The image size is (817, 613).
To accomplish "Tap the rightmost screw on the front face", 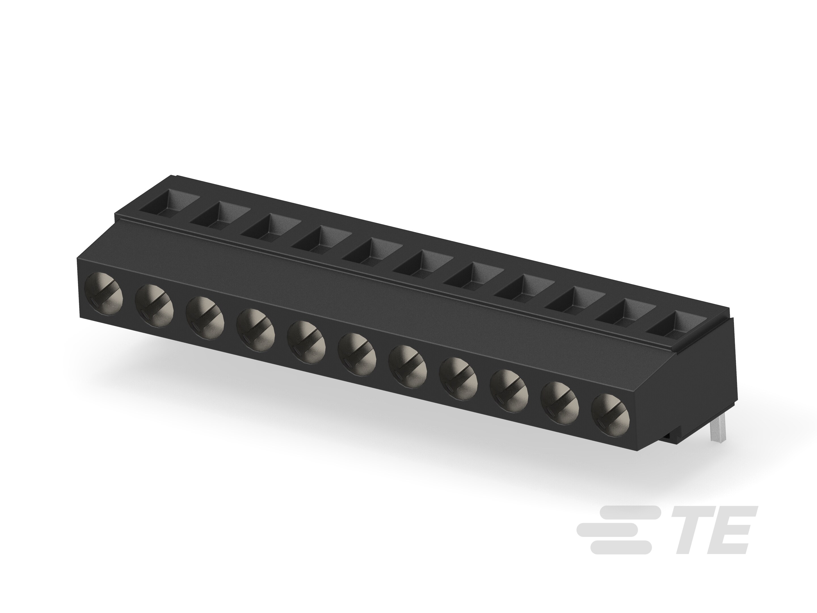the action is (x=610, y=414).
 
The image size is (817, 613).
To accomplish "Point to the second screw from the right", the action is (x=560, y=402).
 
